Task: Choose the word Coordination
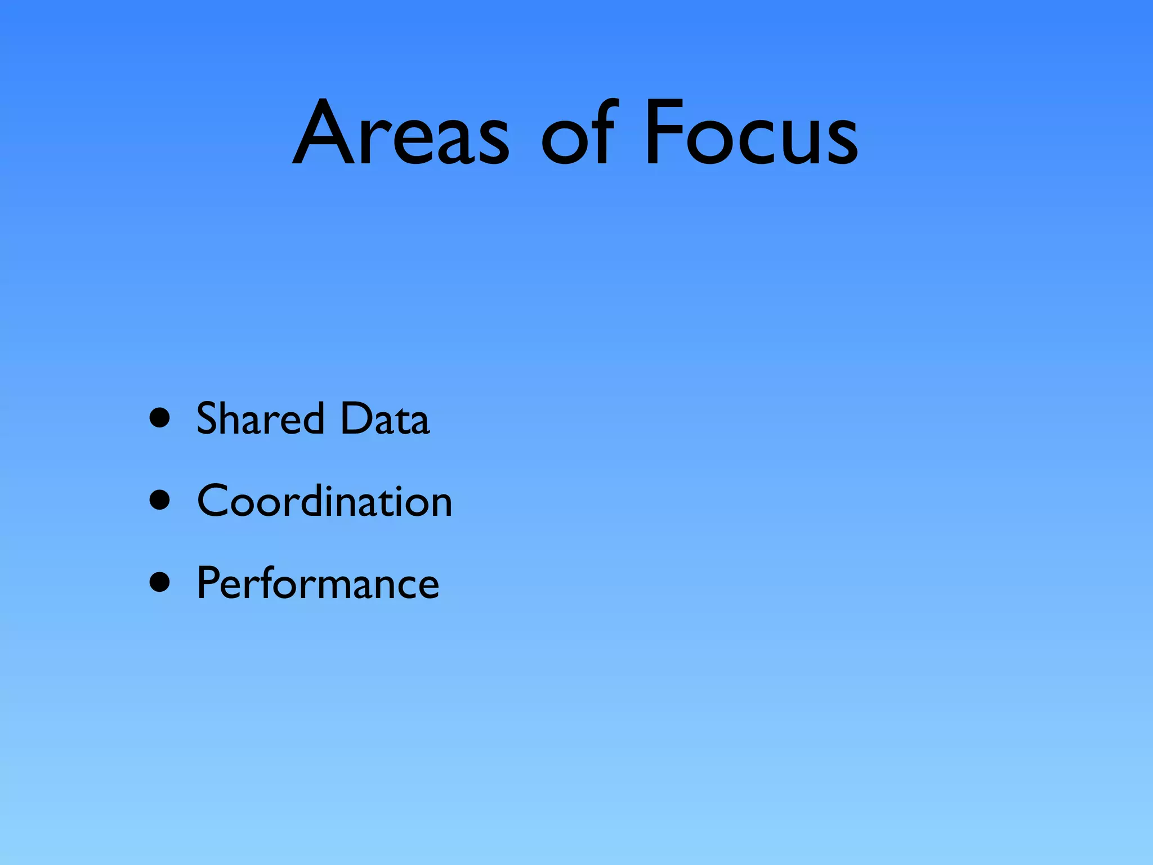tap(324, 501)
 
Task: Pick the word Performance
tap(318, 583)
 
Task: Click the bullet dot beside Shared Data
tap(160, 418)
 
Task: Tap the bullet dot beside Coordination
tap(160, 500)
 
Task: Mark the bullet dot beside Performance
tap(160, 582)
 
